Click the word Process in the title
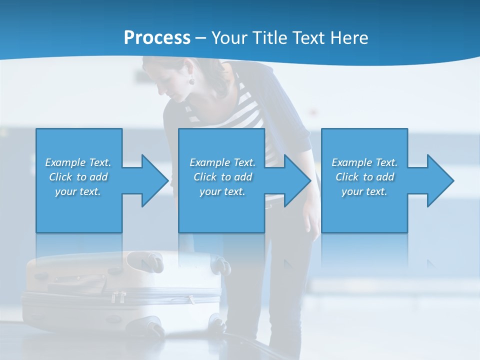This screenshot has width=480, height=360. pos(157,38)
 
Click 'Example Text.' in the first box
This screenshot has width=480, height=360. pos(78,162)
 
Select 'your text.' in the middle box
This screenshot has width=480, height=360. pos(222,191)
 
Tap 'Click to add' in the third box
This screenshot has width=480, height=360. pos(364,177)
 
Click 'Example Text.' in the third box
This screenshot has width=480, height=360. pos(364,162)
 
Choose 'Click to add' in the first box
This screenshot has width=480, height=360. pos(78,177)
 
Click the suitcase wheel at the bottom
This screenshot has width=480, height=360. pos(155,329)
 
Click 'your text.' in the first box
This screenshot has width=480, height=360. pos(78,191)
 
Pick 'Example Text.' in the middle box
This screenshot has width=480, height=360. pos(222,162)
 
